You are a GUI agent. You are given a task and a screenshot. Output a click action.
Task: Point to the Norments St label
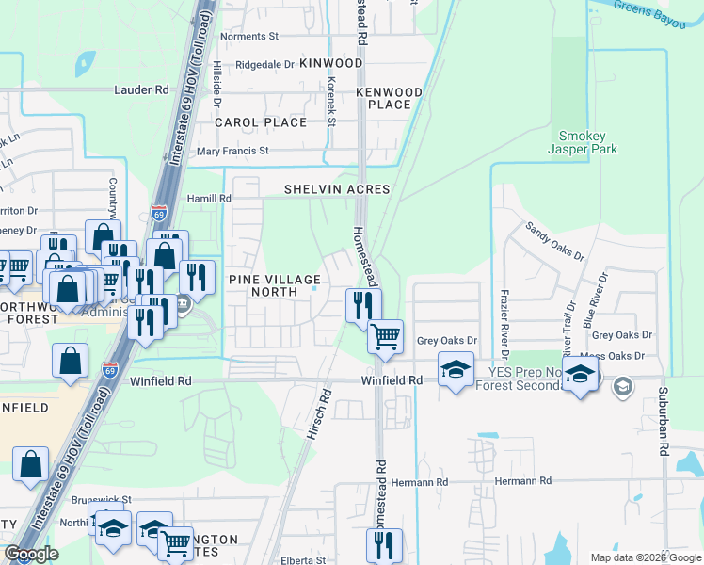click(249, 37)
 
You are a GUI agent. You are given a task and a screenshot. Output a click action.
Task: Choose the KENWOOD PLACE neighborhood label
click(389, 98)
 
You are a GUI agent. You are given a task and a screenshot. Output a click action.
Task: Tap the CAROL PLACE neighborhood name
click(261, 122)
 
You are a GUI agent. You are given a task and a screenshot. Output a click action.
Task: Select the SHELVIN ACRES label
click(337, 189)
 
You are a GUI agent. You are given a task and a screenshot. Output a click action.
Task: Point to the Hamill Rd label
click(208, 199)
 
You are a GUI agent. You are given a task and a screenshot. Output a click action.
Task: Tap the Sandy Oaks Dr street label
click(554, 242)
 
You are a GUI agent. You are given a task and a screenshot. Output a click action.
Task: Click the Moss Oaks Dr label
click(612, 356)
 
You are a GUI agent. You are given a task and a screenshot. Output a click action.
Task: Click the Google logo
click(31, 554)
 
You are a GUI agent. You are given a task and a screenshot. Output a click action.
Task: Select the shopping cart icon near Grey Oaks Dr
click(385, 335)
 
